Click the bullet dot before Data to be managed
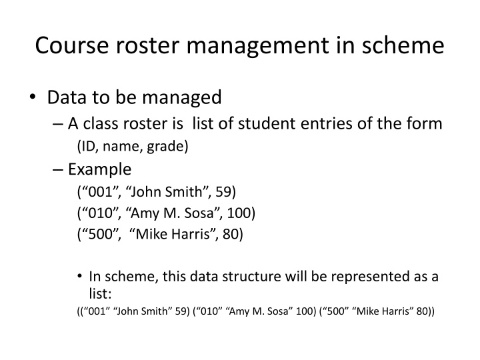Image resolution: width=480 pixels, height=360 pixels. coord(33,98)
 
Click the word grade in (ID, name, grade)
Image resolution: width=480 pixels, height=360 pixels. coord(171,147)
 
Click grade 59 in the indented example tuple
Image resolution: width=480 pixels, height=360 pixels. coord(227,193)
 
